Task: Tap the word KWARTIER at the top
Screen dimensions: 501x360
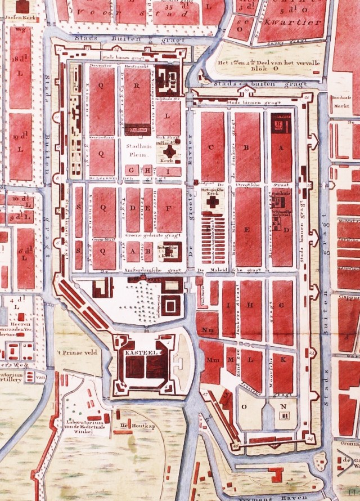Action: (x=295, y=23)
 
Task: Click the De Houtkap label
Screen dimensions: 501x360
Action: (x=131, y=426)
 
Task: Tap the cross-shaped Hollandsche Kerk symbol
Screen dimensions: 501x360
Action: (x=169, y=152)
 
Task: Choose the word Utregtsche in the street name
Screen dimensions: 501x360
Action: (x=252, y=185)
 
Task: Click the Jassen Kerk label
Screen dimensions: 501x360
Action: (x=18, y=18)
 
